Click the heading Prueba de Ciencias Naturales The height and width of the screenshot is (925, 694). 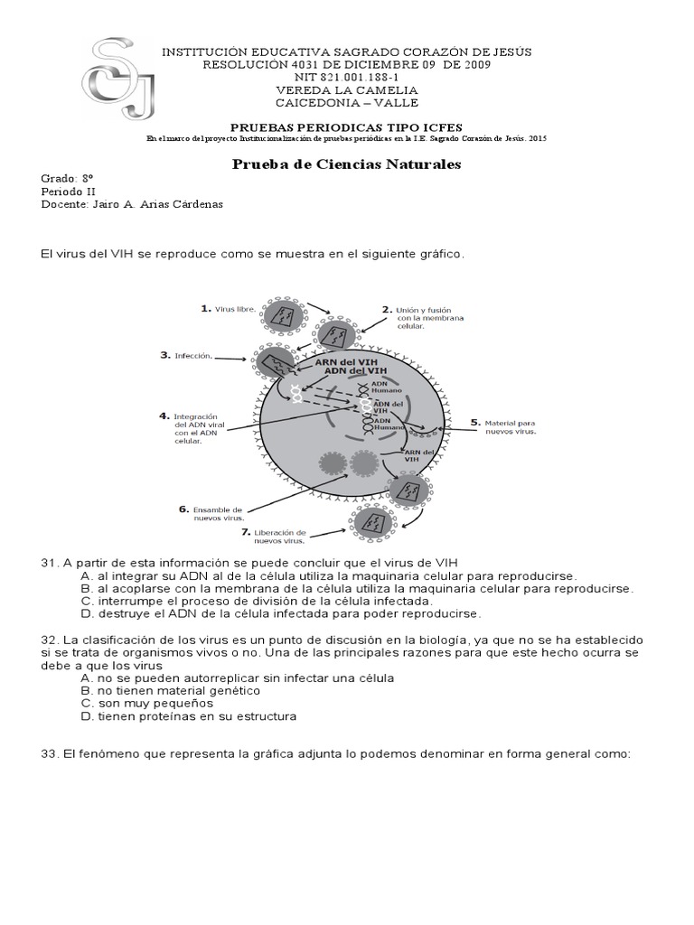pos(347,164)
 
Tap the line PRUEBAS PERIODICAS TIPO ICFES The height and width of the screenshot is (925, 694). pos(346,126)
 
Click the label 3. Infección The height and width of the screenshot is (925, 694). pos(187,356)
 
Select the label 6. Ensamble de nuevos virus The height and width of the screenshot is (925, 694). pos(211,513)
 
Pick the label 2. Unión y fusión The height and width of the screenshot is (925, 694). pos(417,317)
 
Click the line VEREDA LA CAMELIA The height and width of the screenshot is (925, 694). pos(346,90)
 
